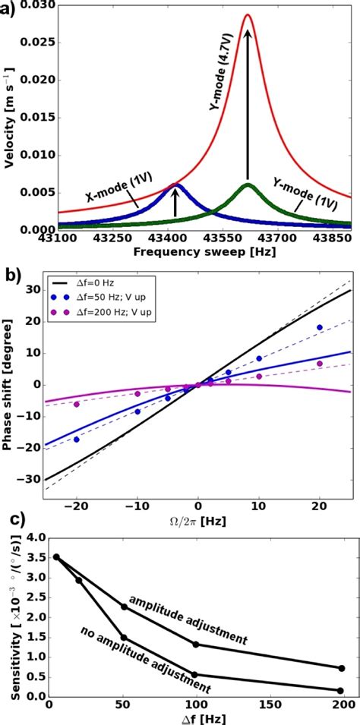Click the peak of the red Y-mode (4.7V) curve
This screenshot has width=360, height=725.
248,15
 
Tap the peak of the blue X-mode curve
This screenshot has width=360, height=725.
175,184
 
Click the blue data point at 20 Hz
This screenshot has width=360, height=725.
320,327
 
